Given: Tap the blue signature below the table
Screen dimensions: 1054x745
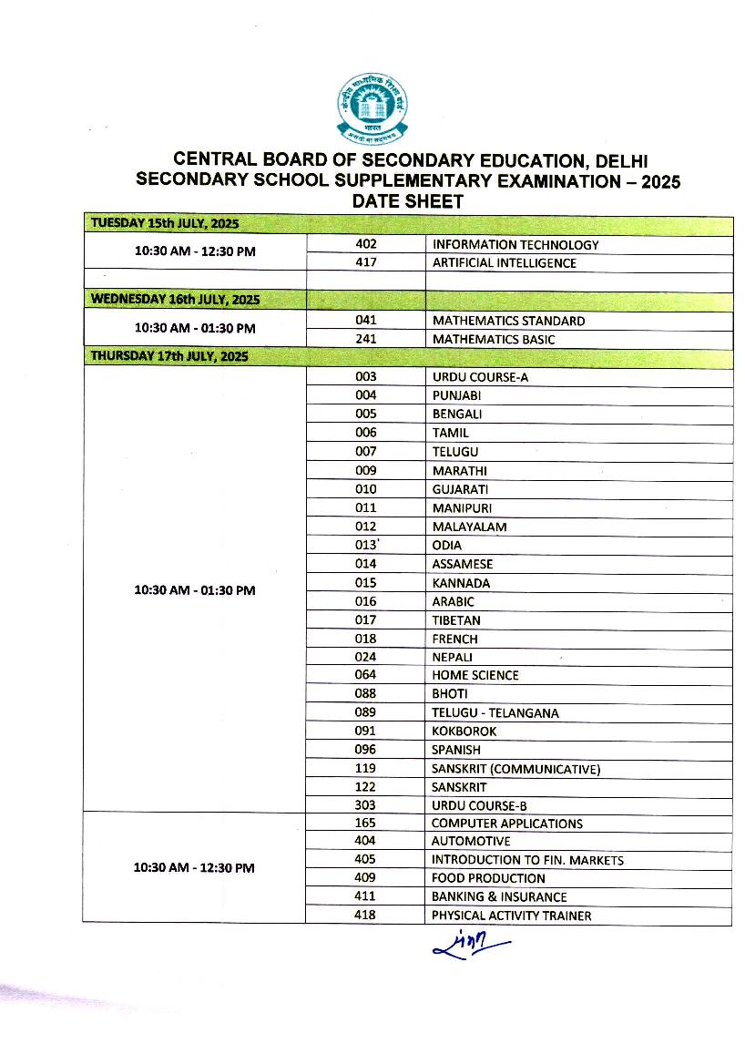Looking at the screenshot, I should tap(472, 945).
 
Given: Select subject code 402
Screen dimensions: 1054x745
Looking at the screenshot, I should tap(365, 244).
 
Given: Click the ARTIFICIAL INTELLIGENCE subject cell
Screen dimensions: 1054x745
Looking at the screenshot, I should tap(504, 263).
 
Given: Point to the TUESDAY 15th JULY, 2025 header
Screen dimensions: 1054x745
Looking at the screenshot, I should tap(165, 224).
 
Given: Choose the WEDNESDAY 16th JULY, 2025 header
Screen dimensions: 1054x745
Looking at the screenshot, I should tap(171, 299).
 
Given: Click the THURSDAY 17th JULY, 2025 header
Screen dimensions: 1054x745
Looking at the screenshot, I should tap(168, 356).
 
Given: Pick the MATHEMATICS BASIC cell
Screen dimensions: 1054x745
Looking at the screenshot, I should tap(494, 340).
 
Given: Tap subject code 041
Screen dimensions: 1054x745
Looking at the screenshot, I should tap(365, 321).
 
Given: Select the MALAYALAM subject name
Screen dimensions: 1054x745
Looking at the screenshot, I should tap(469, 527).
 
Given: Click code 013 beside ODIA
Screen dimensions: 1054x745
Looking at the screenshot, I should tap(365, 546).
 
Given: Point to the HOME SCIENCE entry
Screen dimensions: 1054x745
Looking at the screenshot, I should tap(475, 675).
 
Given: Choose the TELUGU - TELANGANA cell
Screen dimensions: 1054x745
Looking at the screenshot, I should tap(495, 712).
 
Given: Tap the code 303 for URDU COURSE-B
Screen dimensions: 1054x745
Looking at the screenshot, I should tap(365, 806).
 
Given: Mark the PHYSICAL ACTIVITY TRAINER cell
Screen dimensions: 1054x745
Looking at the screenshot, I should tap(511, 916).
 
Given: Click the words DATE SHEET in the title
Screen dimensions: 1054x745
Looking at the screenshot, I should tap(408, 201).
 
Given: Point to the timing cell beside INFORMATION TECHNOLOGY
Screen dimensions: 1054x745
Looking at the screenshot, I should tap(194, 251).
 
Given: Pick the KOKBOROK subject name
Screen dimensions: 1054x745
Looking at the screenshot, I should tap(464, 731).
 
